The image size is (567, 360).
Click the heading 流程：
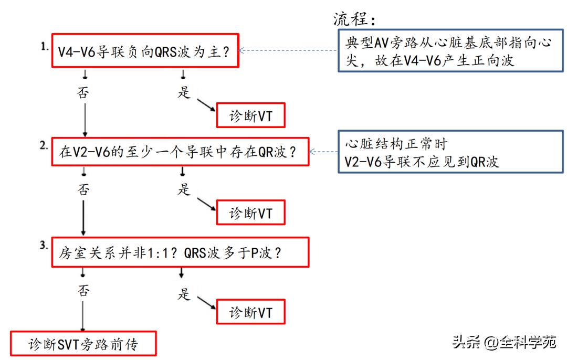pyautogui.click(x=355, y=20)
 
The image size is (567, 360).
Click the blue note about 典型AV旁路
pyautogui.click(x=447, y=51)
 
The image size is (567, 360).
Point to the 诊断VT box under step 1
pyautogui.click(x=251, y=117)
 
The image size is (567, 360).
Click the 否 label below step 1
pyautogui.click(x=83, y=92)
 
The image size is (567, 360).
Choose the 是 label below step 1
pyautogui.click(x=184, y=92)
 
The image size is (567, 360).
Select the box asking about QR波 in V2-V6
pyautogui.click(x=178, y=152)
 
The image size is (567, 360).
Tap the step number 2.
pyautogui.click(x=45, y=146)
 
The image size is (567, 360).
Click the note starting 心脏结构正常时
pyautogui.click(x=447, y=152)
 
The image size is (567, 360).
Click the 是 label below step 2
pyautogui.click(x=184, y=189)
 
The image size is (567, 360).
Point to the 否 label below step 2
pyautogui.click(x=83, y=189)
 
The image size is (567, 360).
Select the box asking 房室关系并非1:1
pyautogui.click(x=178, y=252)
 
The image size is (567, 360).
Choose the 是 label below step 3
pyautogui.click(x=184, y=294)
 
